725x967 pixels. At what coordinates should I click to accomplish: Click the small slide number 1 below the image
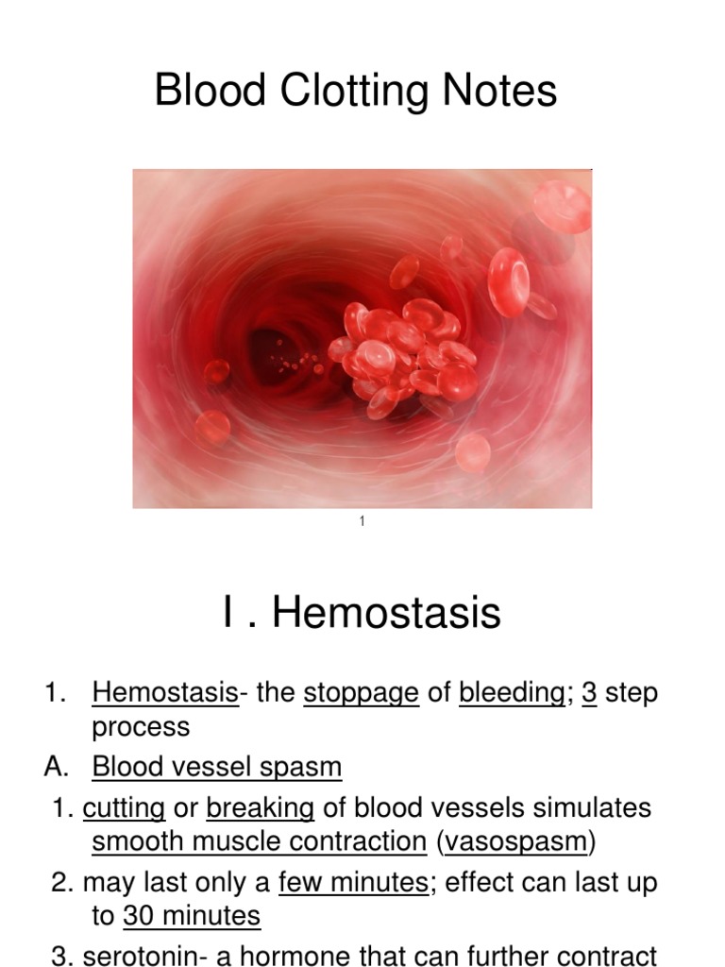pyautogui.click(x=362, y=522)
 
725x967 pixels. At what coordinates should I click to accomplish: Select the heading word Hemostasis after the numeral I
pyautogui.click(x=386, y=613)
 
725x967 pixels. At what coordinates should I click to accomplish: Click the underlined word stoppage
pyautogui.click(x=361, y=693)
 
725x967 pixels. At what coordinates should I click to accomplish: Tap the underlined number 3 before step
pyautogui.click(x=589, y=693)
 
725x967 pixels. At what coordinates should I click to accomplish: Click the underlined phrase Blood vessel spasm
pyautogui.click(x=217, y=767)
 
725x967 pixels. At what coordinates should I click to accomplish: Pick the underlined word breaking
pyautogui.click(x=261, y=808)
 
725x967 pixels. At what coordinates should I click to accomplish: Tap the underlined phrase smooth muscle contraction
pyautogui.click(x=260, y=841)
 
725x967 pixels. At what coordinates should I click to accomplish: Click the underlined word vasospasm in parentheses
pyautogui.click(x=515, y=841)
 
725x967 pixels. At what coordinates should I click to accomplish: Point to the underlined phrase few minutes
pyautogui.click(x=353, y=883)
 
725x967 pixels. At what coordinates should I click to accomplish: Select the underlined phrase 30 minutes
pyautogui.click(x=192, y=916)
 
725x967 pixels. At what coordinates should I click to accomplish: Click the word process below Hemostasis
pyautogui.click(x=141, y=727)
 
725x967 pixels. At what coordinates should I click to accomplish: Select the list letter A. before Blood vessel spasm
pyautogui.click(x=57, y=767)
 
